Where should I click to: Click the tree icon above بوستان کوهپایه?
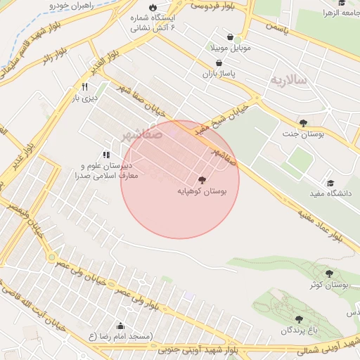tap(202, 180)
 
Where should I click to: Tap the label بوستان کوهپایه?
tap(202, 191)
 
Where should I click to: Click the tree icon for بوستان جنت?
tap(303, 123)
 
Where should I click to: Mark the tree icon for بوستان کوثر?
tap(329, 274)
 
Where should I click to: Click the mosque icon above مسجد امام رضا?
tap(120, 326)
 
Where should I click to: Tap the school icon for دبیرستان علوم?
tap(106, 155)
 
